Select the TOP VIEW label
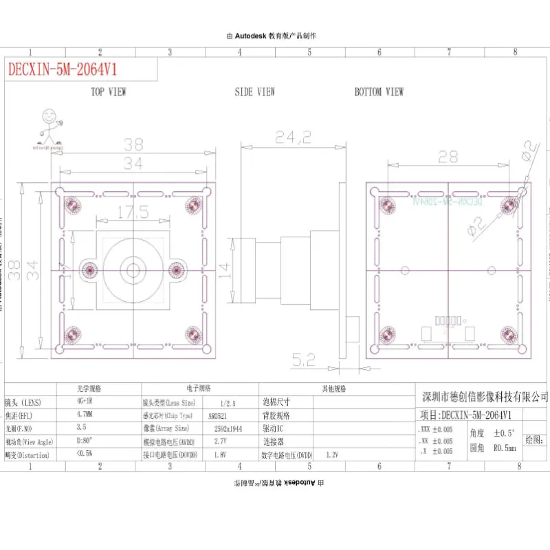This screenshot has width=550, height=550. (x=109, y=92)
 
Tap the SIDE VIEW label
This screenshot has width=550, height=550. (x=254, y=92)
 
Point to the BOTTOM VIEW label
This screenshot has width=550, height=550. (x=379, y=92)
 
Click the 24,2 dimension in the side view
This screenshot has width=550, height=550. (x=293, y=137)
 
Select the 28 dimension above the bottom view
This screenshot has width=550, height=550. (x=448, y=157)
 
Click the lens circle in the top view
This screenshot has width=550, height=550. (x=131, y=269)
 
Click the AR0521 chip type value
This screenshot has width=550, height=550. (x=219, y=416)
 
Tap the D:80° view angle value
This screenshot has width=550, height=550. (x=84, y=441)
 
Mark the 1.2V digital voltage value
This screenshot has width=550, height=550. (x=333, y=454)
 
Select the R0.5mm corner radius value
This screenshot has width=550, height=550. (x=504, y=448)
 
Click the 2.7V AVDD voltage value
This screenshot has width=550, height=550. (x=220, y=441)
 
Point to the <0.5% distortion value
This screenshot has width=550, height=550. (x=85, y=454)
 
